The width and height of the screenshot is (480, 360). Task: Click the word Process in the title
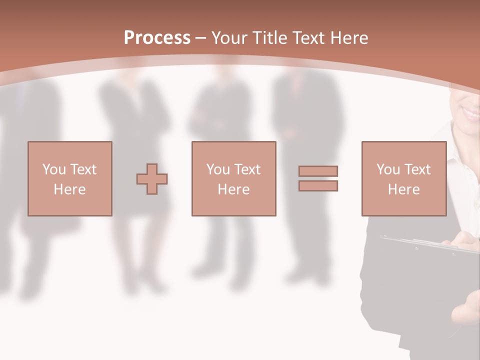157,38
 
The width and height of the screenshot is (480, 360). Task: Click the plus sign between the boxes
152,179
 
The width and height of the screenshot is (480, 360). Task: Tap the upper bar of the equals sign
318,171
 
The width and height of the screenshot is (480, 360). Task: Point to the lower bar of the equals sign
318,186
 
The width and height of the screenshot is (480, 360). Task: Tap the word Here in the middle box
234,189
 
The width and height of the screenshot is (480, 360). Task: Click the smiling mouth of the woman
470,112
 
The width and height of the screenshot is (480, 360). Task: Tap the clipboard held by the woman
430,245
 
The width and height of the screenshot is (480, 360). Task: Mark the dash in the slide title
201,38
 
